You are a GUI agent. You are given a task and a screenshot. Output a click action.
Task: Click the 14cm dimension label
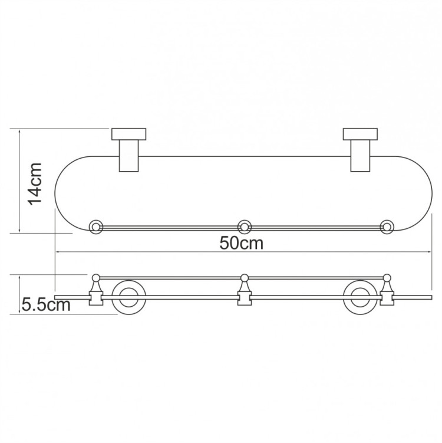point(36,183)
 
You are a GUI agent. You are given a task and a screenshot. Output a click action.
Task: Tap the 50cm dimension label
point(242,243)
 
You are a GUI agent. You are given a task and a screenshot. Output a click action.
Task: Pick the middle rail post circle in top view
point(244,226)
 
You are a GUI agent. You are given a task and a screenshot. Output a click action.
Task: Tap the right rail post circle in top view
point(387,226)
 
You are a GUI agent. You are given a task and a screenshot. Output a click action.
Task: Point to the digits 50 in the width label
point(230,243)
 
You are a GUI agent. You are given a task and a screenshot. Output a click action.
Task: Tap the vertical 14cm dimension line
point(20,180)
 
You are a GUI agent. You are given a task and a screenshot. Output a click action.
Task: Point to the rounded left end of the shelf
point(57,195)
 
